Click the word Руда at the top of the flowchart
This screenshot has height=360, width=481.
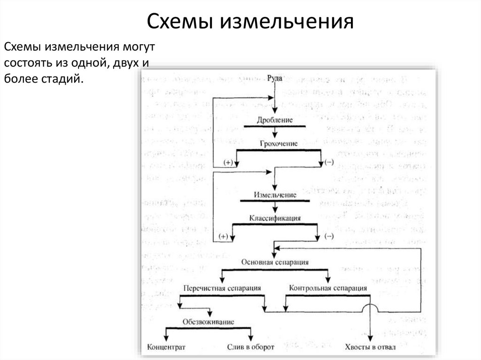(x=274, y=78)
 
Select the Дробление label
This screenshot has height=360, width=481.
(x=275, y=120)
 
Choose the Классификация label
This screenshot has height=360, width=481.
(x=275, y=218)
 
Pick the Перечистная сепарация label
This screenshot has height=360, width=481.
(x=222, y=288)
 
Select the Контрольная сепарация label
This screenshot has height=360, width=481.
(x=328, y=288)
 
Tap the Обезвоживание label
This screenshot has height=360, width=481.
(x=209, y=322)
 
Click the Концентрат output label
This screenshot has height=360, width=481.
(x=167, y=347)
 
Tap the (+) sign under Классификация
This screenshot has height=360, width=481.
(x=223, y=236)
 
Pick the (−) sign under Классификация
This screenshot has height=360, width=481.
(x=329, y=236)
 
